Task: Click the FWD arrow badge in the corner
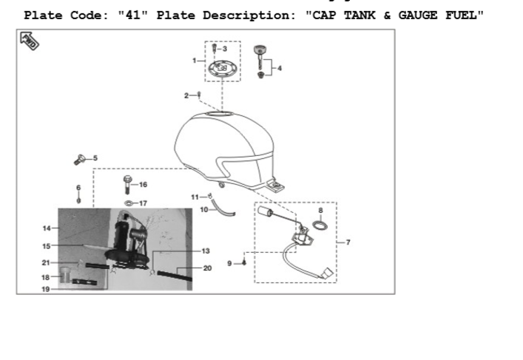click(30, 41)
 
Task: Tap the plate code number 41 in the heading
click(129, 15)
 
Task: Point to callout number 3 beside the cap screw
click(224, 48)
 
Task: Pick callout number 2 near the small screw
click(186, 95)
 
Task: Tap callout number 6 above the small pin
click(78, 188)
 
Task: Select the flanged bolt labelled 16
click(127, 181)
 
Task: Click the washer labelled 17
click(127, 203)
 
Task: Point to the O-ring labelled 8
click(320, 223)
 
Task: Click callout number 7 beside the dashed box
click(348, 242)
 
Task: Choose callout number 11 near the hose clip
click(195, 197)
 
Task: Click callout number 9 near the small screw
click(230, 263)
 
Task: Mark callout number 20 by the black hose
click(207, 268)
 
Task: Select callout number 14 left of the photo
click(46, 228)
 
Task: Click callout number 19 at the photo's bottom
click(46, 289)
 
